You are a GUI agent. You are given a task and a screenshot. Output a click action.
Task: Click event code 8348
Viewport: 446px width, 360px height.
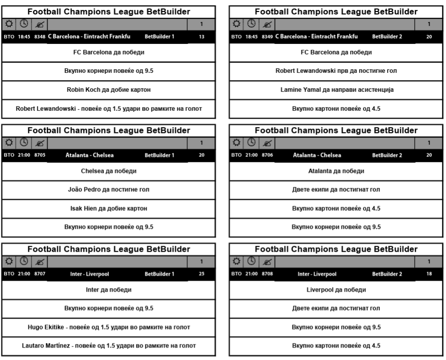point(40,36)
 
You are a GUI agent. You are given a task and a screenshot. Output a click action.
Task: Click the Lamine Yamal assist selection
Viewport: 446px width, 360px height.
point(336,89)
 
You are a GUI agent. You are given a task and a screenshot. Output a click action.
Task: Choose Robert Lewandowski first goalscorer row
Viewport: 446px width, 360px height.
point(336,70)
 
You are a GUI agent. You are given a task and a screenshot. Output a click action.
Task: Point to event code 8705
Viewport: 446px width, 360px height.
point(40,155)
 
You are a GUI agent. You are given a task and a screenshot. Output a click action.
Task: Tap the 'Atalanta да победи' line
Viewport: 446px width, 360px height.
point(336,171)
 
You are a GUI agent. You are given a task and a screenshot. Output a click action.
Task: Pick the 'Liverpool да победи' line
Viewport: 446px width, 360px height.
point(336,290)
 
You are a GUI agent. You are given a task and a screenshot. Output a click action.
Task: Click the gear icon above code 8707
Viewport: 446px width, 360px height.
point(9,261)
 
